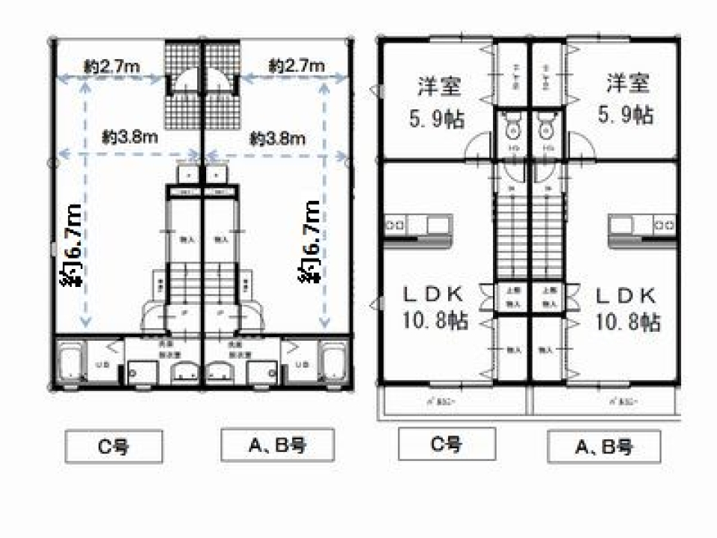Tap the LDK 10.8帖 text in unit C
click(x=432, y=307)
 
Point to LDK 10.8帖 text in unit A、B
click(x=627, y=307)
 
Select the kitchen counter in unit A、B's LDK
click(x=642, y=224)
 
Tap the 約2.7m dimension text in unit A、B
click(x=297, y=67)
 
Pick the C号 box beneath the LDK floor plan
click(x=447, y=445)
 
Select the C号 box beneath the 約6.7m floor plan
click(x=113, y=447)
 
